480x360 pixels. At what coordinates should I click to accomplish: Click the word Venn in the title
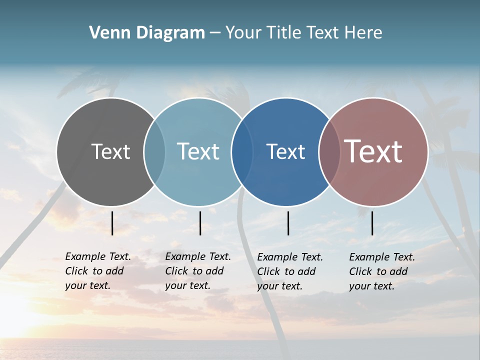[105, 33]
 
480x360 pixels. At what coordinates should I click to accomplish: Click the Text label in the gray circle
[110, 151]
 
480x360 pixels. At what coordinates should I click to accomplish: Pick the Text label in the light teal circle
[198, 151]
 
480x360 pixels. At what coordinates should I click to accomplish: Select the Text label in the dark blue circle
[285, 151]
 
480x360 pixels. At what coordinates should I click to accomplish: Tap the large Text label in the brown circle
[373, 151]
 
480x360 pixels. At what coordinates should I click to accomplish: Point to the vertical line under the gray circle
[112, 223]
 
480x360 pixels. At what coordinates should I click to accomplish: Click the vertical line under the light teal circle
[200, 223]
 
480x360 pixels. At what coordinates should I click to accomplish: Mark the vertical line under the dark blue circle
[288, 223]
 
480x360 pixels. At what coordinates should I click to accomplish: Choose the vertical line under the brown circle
[372, 223]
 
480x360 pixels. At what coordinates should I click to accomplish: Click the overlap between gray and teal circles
[154, 151]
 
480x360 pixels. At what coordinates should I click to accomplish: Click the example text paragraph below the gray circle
[98, 271]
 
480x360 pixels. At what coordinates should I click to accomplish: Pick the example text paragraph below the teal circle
[198, 271]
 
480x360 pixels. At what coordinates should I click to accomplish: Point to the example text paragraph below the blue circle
[290, 271]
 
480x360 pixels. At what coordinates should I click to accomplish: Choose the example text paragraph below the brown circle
[382, 271]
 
